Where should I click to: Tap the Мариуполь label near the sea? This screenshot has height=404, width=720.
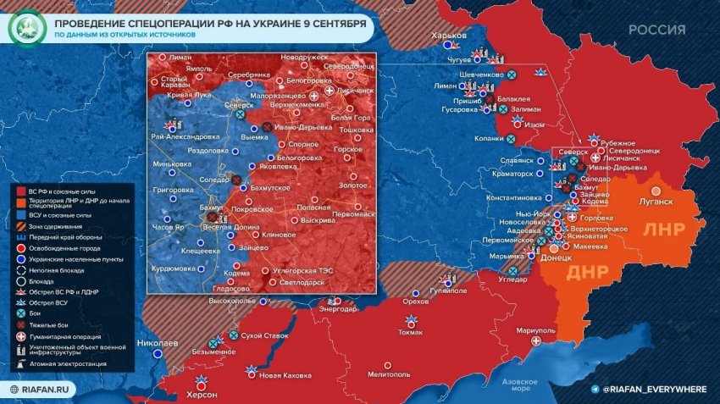click(x=519, y=329)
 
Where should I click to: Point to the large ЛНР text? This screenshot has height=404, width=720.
click(x=669, y=230)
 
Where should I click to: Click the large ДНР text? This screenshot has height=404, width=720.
click(x=587, y=273)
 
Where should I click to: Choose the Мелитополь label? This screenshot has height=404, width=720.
click(x=390, y=374)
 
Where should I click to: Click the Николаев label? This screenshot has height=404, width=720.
click(x=158, y=343)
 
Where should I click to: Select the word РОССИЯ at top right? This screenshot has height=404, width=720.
click(x=656, y=30)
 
